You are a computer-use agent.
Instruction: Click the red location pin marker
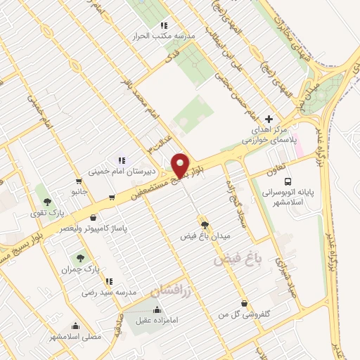[180, 165]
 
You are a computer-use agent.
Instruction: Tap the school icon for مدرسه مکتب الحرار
[164, 25]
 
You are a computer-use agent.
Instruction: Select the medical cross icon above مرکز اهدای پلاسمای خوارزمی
[269, 119]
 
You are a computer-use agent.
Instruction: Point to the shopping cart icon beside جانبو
[111, 197]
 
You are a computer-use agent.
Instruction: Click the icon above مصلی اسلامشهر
[76, 326]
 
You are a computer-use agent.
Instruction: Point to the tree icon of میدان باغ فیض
[205, 225]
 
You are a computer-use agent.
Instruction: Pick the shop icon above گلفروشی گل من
[243, 302]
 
